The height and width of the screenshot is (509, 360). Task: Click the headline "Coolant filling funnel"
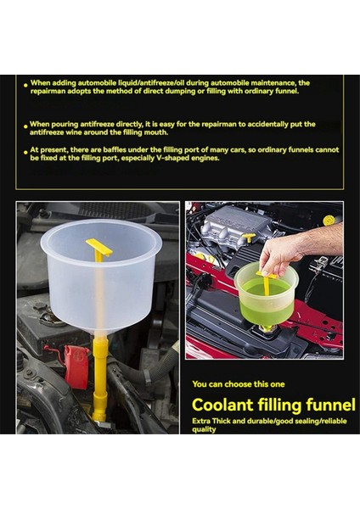273,405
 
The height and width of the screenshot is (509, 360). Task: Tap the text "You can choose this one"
238,384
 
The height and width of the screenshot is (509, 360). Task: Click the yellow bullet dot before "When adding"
25,85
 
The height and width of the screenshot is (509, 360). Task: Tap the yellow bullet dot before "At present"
25,152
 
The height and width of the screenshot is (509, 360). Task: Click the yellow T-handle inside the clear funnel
98,249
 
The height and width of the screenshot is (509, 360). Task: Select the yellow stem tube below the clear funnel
100,378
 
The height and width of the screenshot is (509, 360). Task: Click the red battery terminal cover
76,366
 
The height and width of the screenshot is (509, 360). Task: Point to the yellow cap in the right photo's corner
329,221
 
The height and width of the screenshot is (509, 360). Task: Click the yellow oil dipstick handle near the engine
249,238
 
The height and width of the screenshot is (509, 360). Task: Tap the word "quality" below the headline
204,429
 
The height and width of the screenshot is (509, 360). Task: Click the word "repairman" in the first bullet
47,92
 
